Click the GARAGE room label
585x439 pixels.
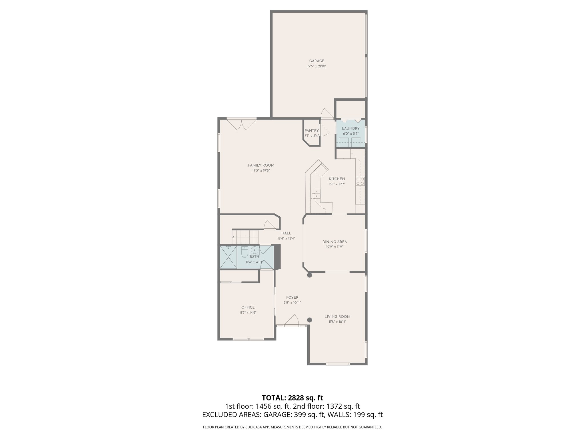[316, 61]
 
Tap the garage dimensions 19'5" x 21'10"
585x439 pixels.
[316, 66]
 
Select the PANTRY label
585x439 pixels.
[311, 131]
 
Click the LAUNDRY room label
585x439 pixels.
[350, 128]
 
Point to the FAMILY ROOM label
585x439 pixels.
[261, 165]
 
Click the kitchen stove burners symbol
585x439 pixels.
[360, 181]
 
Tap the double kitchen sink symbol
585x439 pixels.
[316, 193]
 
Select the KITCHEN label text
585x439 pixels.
[337, 179]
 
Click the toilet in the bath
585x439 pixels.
[245, 252]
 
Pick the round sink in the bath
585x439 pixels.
[254, 251]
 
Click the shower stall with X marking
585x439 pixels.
[229, 257]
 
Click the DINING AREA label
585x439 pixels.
[334, 242]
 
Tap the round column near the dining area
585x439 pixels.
[309, 275]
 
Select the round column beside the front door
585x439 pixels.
[309, 320]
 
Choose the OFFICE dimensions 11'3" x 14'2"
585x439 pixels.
[248, 313]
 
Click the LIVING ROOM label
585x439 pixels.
[337, 317]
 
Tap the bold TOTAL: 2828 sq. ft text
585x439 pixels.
[292, 398]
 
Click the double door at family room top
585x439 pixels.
[242, 125]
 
